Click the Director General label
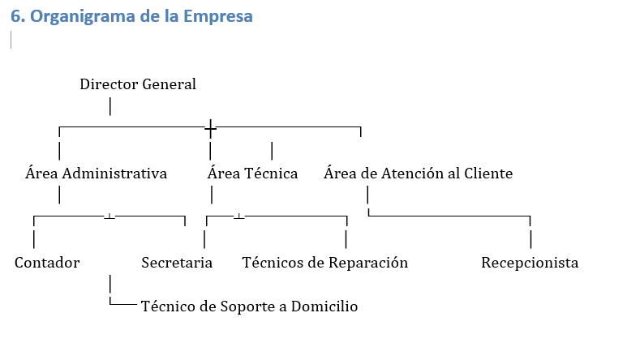click(x=138, y=84)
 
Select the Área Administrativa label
click(x=97, y=174)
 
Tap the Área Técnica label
click(x=252, y=174)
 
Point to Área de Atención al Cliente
click(x=418, y=174)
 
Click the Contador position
click(x=47, y=263)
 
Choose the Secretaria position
click(x=177, y=263)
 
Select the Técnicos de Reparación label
click(x=325, y=263)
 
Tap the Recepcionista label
click(x=530, y=263)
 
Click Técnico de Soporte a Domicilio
click(x=249, y=306)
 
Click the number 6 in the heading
click(x=15, y=17)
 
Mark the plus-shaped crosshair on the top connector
click(x=210, y=128)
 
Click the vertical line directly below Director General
click(x=110, y=106)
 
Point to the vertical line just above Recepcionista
click(x=530, y=239)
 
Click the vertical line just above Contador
click(x=34, y=239)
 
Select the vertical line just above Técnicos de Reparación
click(x=346, y=239)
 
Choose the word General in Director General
click(x=166, y=84)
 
